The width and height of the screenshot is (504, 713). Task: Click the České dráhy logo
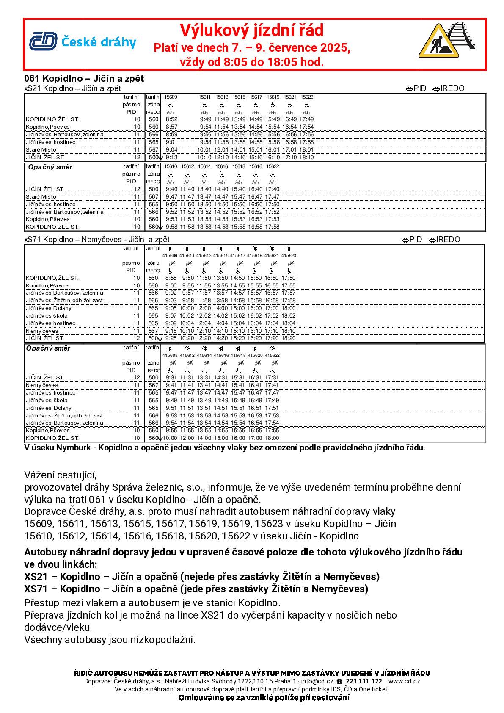click(x=83, y=42)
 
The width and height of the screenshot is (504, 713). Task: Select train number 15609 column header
click(x=171, y=97)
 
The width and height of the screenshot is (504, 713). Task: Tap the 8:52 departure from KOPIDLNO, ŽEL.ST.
click(x=171, y=119)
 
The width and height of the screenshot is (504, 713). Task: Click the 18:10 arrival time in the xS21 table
click(x=306, y=158)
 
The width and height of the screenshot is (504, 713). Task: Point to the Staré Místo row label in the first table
click(x=41, y=150)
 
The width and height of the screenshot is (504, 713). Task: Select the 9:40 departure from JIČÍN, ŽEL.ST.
click(x=171, y=189)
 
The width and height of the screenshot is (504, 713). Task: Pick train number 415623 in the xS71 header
click(x=289, y=256)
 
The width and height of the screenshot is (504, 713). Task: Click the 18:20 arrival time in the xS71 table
click(x=289, y=338)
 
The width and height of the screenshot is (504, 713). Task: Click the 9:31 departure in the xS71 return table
click(x=171, y=378)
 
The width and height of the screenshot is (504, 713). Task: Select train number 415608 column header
click(x=170, y=356)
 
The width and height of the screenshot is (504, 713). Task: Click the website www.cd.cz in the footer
click(x=404, y=681)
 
